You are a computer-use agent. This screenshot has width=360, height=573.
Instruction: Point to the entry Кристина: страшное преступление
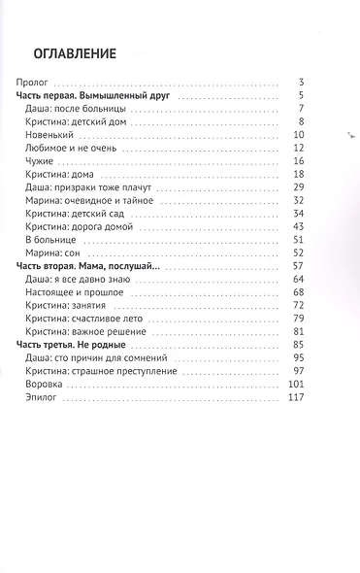click(x=100, y=370)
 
